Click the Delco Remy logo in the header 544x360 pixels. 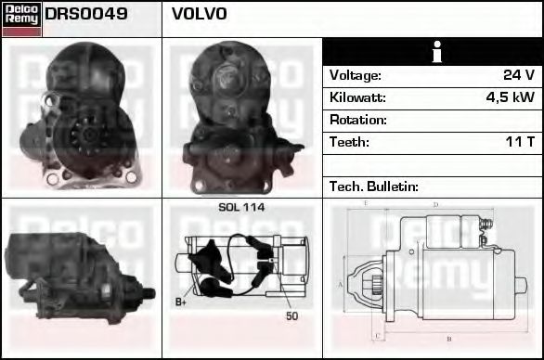(21, 19)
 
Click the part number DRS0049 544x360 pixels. (86, 15)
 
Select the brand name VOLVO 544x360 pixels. (199, 15)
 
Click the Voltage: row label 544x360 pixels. (355, 75)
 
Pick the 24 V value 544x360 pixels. (518, 75)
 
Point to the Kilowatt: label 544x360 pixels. (356, 97)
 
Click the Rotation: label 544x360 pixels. (357, 120)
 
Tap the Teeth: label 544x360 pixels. (349, 142)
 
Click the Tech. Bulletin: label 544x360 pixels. (373, 186)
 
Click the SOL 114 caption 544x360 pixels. (241, 207)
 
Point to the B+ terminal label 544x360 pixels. (180, 302)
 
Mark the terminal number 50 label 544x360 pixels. (291, 316)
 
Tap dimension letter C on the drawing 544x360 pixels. (376, 335)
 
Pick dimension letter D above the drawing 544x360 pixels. (434, 204)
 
